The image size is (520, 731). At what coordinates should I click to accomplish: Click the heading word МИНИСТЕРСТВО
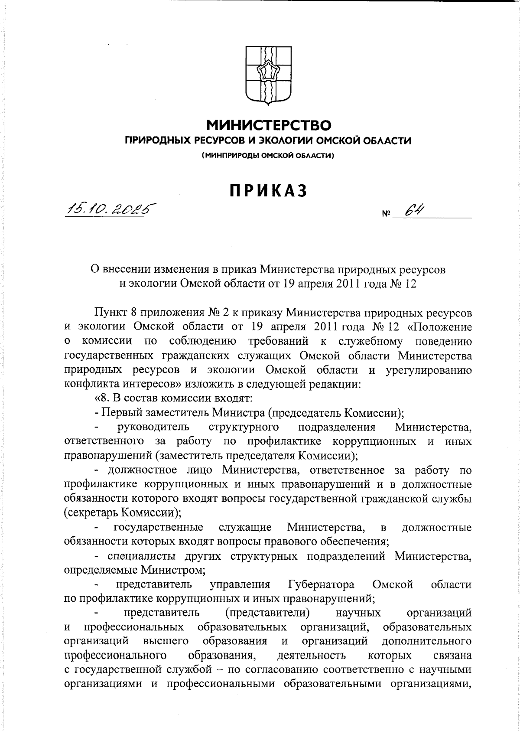point(269,125)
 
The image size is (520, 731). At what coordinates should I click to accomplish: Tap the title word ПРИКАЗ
point(269,191)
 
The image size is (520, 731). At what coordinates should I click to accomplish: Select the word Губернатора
point(321,584)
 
